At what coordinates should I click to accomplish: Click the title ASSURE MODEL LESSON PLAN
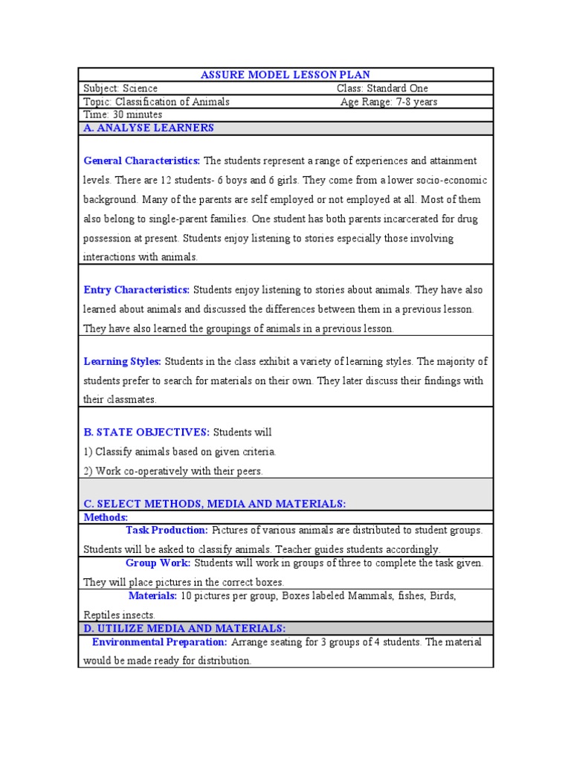pos(285,75)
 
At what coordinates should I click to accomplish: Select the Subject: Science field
pos(120,88)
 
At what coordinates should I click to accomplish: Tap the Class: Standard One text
pos(382,88)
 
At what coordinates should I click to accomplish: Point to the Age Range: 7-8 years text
pos(389,102)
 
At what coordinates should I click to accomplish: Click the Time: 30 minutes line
pos(123,114)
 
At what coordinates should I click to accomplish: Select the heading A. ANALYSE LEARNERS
pos(149,128)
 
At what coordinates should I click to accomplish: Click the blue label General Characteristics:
pos(142,161)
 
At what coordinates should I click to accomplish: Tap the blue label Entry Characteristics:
pos(137,289)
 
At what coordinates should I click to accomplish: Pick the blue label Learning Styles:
pos(123,361)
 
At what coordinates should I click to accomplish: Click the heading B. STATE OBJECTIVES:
pos(146,432)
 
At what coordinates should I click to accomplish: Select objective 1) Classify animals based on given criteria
pos(180,451)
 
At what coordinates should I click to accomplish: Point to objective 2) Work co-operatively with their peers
pos(173,470)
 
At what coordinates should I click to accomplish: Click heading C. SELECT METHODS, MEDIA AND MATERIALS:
pos(215,504)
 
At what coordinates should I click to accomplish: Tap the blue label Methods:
pos(106,516)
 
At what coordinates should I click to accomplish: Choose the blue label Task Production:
pos(167,530)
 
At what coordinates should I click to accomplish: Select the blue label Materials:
pos(152,596)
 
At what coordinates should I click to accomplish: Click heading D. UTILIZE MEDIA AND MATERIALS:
pos(184,629)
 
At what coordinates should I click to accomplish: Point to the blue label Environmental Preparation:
pos(159,641)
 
